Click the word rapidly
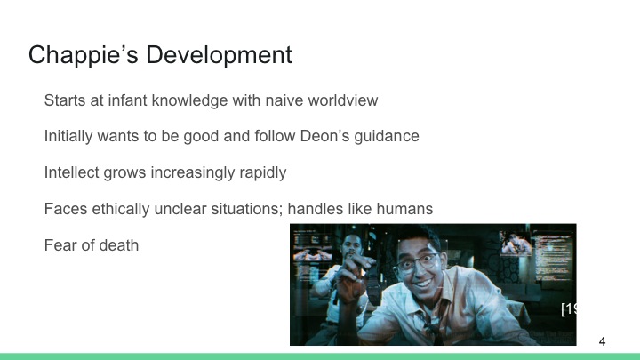click(286, 172)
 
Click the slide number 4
click(603, 341)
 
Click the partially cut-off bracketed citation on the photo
click(568, 309)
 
